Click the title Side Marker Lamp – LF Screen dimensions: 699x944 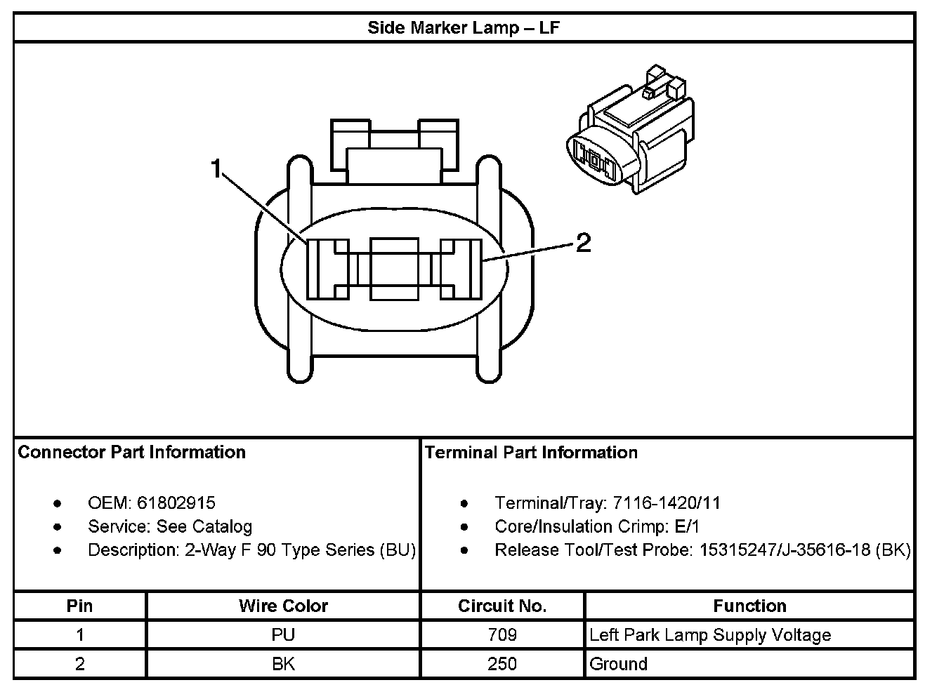[464, 28]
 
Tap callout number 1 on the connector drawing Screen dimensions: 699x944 [218, 168]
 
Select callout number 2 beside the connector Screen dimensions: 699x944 [583, 243]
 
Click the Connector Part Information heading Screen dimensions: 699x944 [131, 452]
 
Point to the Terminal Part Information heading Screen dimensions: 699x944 [531, 452]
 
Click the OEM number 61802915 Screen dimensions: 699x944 [176, 502]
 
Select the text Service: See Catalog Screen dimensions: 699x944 [169, 526]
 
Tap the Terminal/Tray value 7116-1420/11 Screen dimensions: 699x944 [667, 502]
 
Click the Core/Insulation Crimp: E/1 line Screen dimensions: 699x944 [597, 526]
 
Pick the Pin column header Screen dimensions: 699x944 [79, 606]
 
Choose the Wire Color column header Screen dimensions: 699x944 [283, 606]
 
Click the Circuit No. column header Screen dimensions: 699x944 [502, 606]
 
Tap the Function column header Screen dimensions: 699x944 [749, 606]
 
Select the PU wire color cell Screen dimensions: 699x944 [283, 635]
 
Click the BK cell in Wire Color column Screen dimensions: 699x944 [283, 664]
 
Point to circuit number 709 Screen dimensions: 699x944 [502, 635]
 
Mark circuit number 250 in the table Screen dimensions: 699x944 [502, 664]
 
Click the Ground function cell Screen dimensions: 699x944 [618, 664]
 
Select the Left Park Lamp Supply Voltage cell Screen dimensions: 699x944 [710, 635]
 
